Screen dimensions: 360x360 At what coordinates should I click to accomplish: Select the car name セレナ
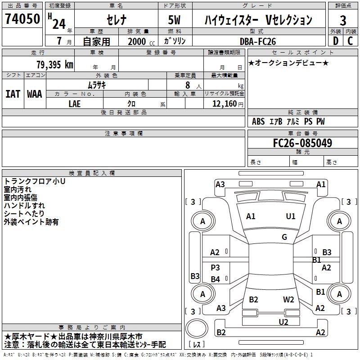[116, 19]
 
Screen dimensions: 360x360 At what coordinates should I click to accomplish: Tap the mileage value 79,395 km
[54, 64]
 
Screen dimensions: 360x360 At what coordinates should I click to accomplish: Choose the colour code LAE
[75, 103]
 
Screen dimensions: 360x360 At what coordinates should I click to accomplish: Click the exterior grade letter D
[335, 40]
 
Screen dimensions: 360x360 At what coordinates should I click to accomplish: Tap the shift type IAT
[13, 94]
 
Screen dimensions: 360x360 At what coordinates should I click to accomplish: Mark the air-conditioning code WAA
[35, 94]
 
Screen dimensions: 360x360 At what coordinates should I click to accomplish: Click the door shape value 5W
[175, 19]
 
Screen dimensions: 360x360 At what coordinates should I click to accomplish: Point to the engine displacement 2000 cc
[140, 41]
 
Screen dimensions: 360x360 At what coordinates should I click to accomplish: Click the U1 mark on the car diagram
[291, 216]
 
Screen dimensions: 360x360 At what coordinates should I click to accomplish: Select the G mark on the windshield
[284, 237]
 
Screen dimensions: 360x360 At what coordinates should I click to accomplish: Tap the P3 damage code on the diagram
[216, 267]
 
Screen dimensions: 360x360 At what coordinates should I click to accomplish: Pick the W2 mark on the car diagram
[288, 299]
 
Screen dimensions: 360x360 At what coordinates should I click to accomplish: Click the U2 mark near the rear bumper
[283, 322]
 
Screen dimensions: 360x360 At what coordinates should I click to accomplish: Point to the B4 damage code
[216, 279]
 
